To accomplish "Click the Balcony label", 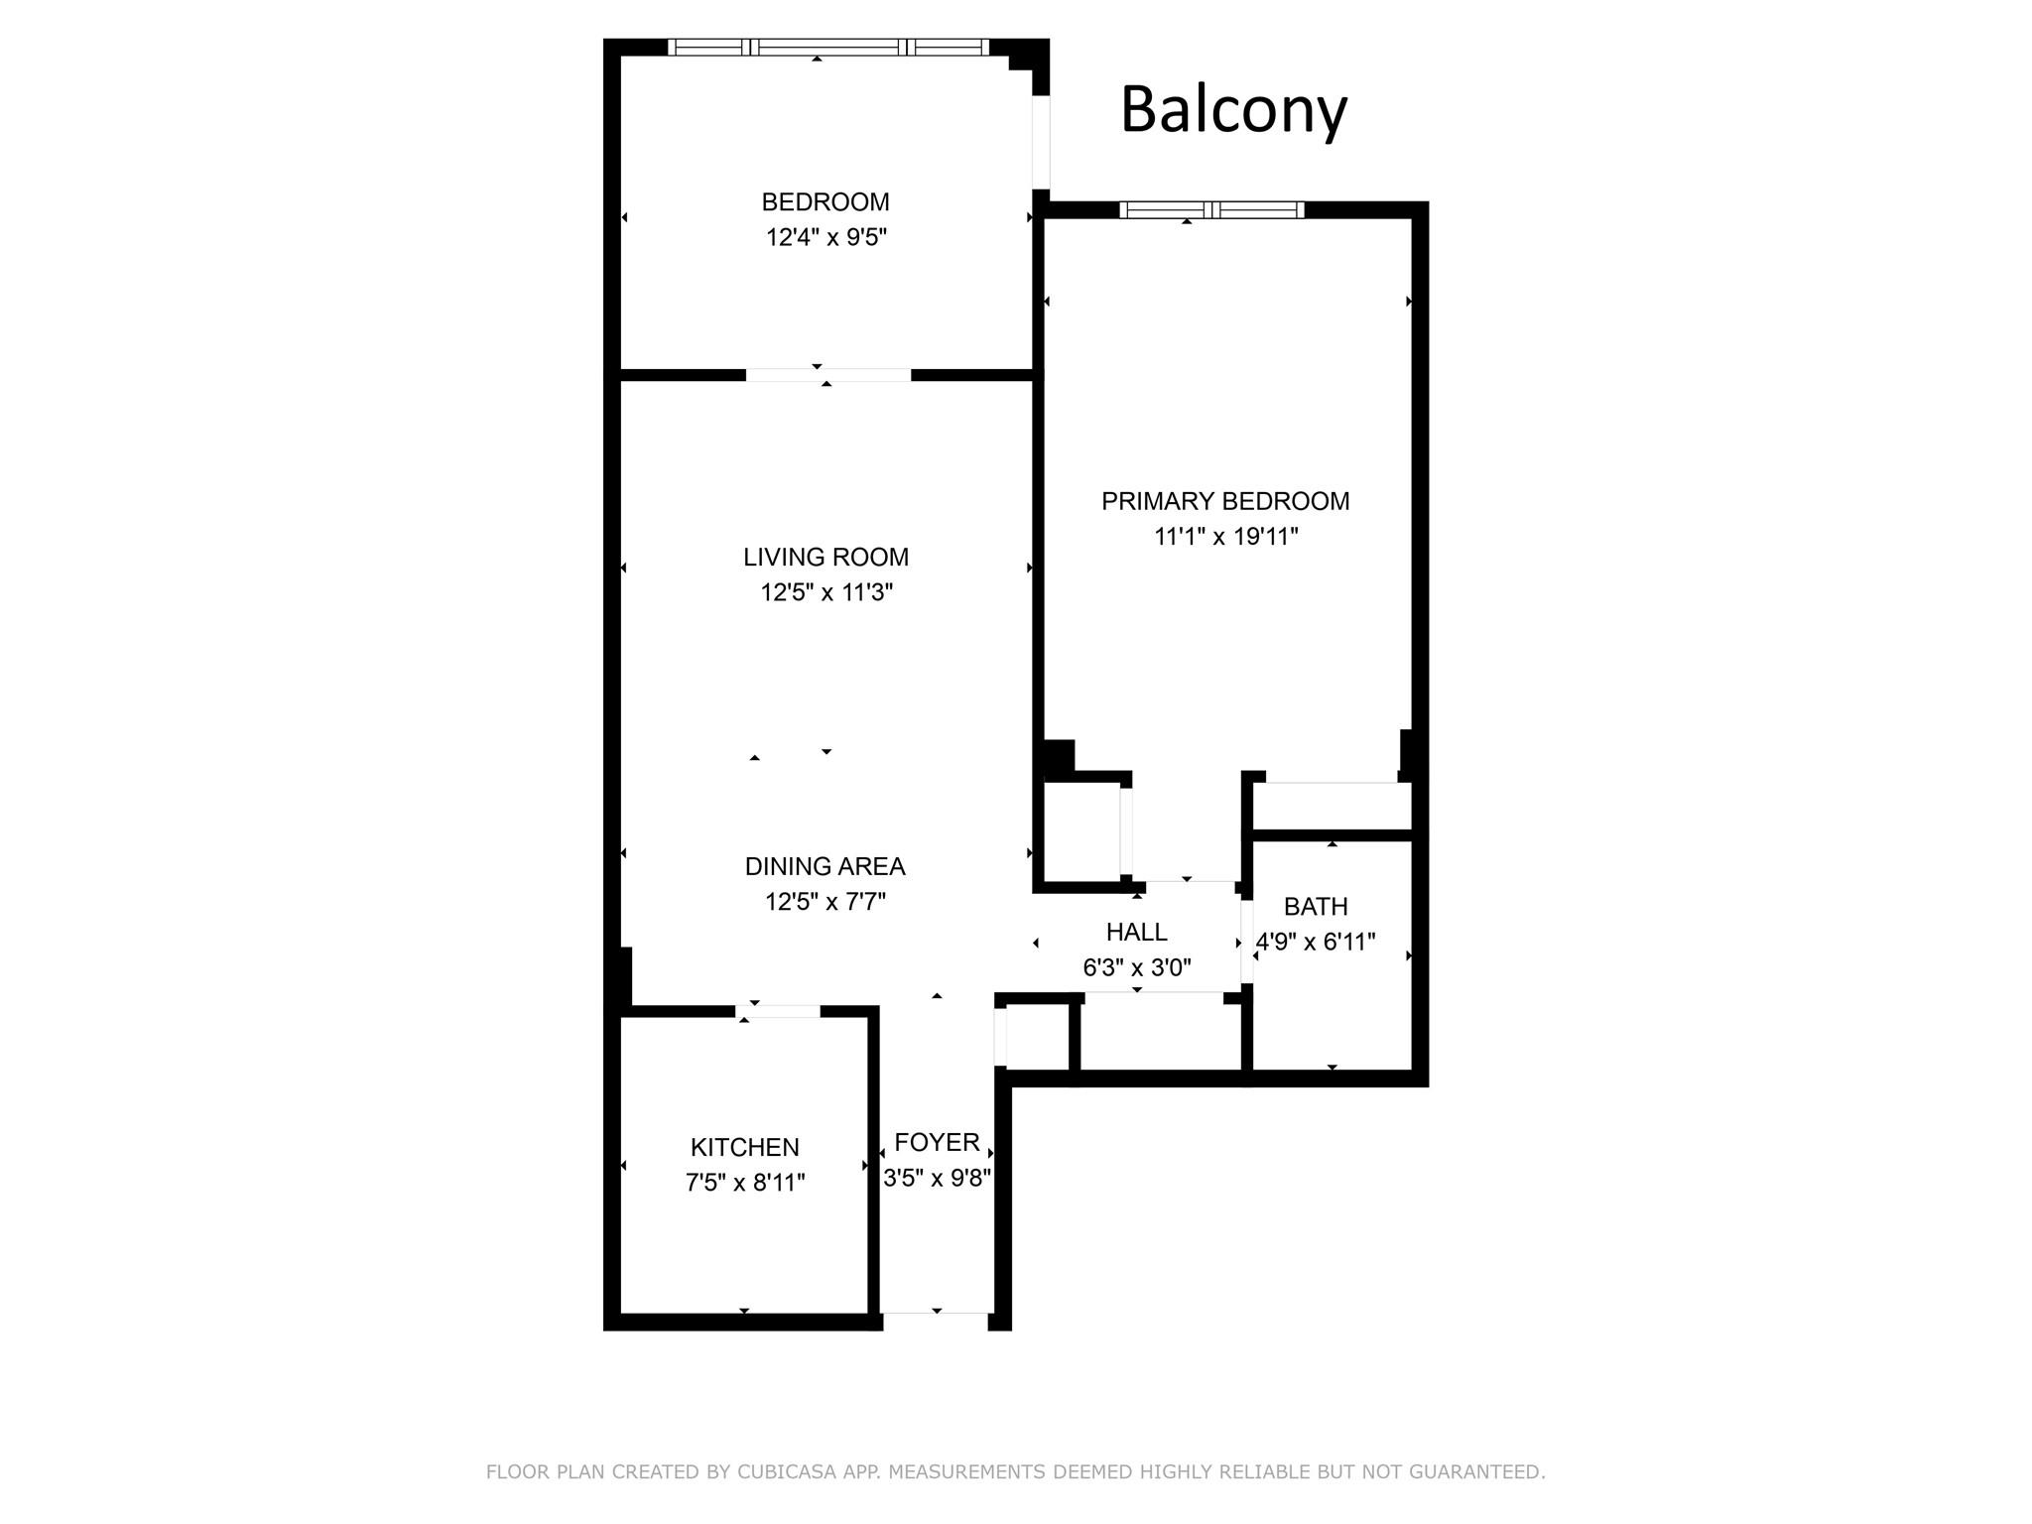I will pos(1233,110).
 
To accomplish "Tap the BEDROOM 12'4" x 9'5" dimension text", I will pos(825,237).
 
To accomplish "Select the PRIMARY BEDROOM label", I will pos(1225,501).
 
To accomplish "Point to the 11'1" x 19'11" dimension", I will pos(1225,537).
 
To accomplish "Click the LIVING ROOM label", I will pos(825,557).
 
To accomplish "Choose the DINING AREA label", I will pos(825,866).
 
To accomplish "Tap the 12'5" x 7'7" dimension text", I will pos(825,902).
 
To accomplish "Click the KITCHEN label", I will pos(744,1147).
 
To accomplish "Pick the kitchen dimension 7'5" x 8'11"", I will pos(744,1183).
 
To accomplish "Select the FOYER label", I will pos(937,1142).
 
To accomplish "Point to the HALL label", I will pos(1136,932).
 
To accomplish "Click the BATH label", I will pos(1316,906).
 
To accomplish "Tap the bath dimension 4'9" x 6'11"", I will pos(1316,942).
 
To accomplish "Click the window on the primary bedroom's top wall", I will pos(1211,209).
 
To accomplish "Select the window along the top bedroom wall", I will pos(828,47).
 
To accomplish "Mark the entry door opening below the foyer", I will pos(937,1320).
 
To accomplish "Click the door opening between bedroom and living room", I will pos(828,375).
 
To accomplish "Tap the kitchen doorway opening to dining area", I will pos(778,1011).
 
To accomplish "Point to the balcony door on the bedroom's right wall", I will pos(1041,142).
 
